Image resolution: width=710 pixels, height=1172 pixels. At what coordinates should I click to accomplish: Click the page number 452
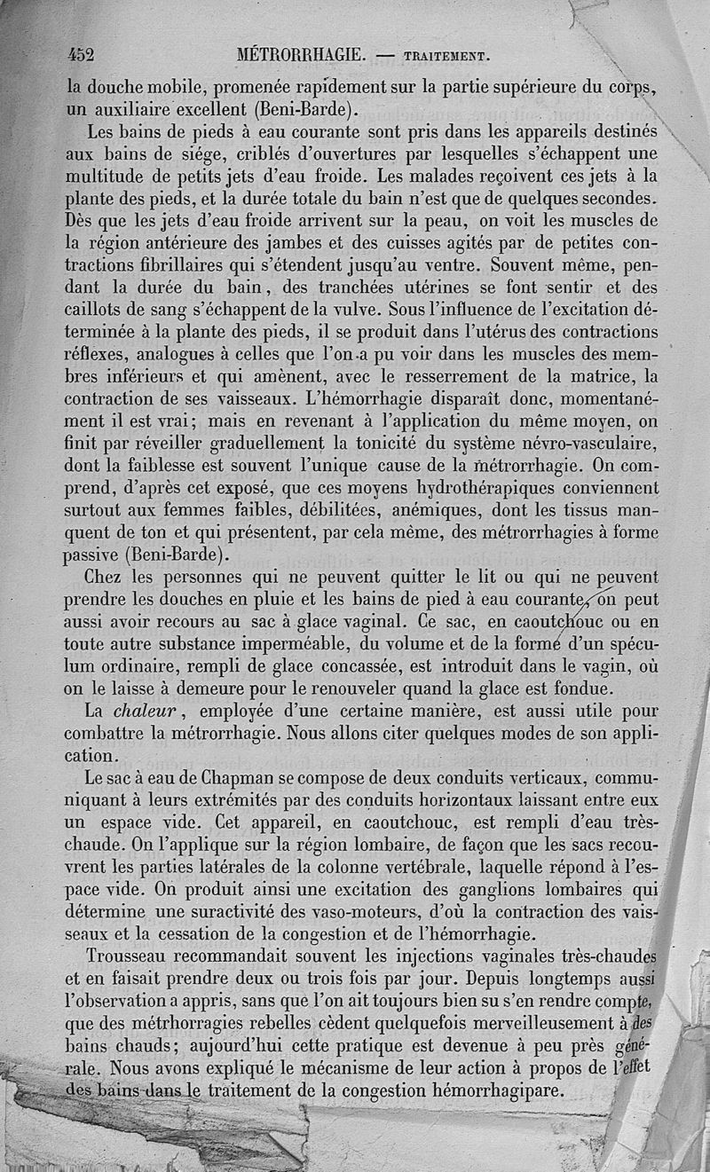coord(81,54)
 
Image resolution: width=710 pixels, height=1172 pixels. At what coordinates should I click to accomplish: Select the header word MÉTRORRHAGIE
coord(301,55)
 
